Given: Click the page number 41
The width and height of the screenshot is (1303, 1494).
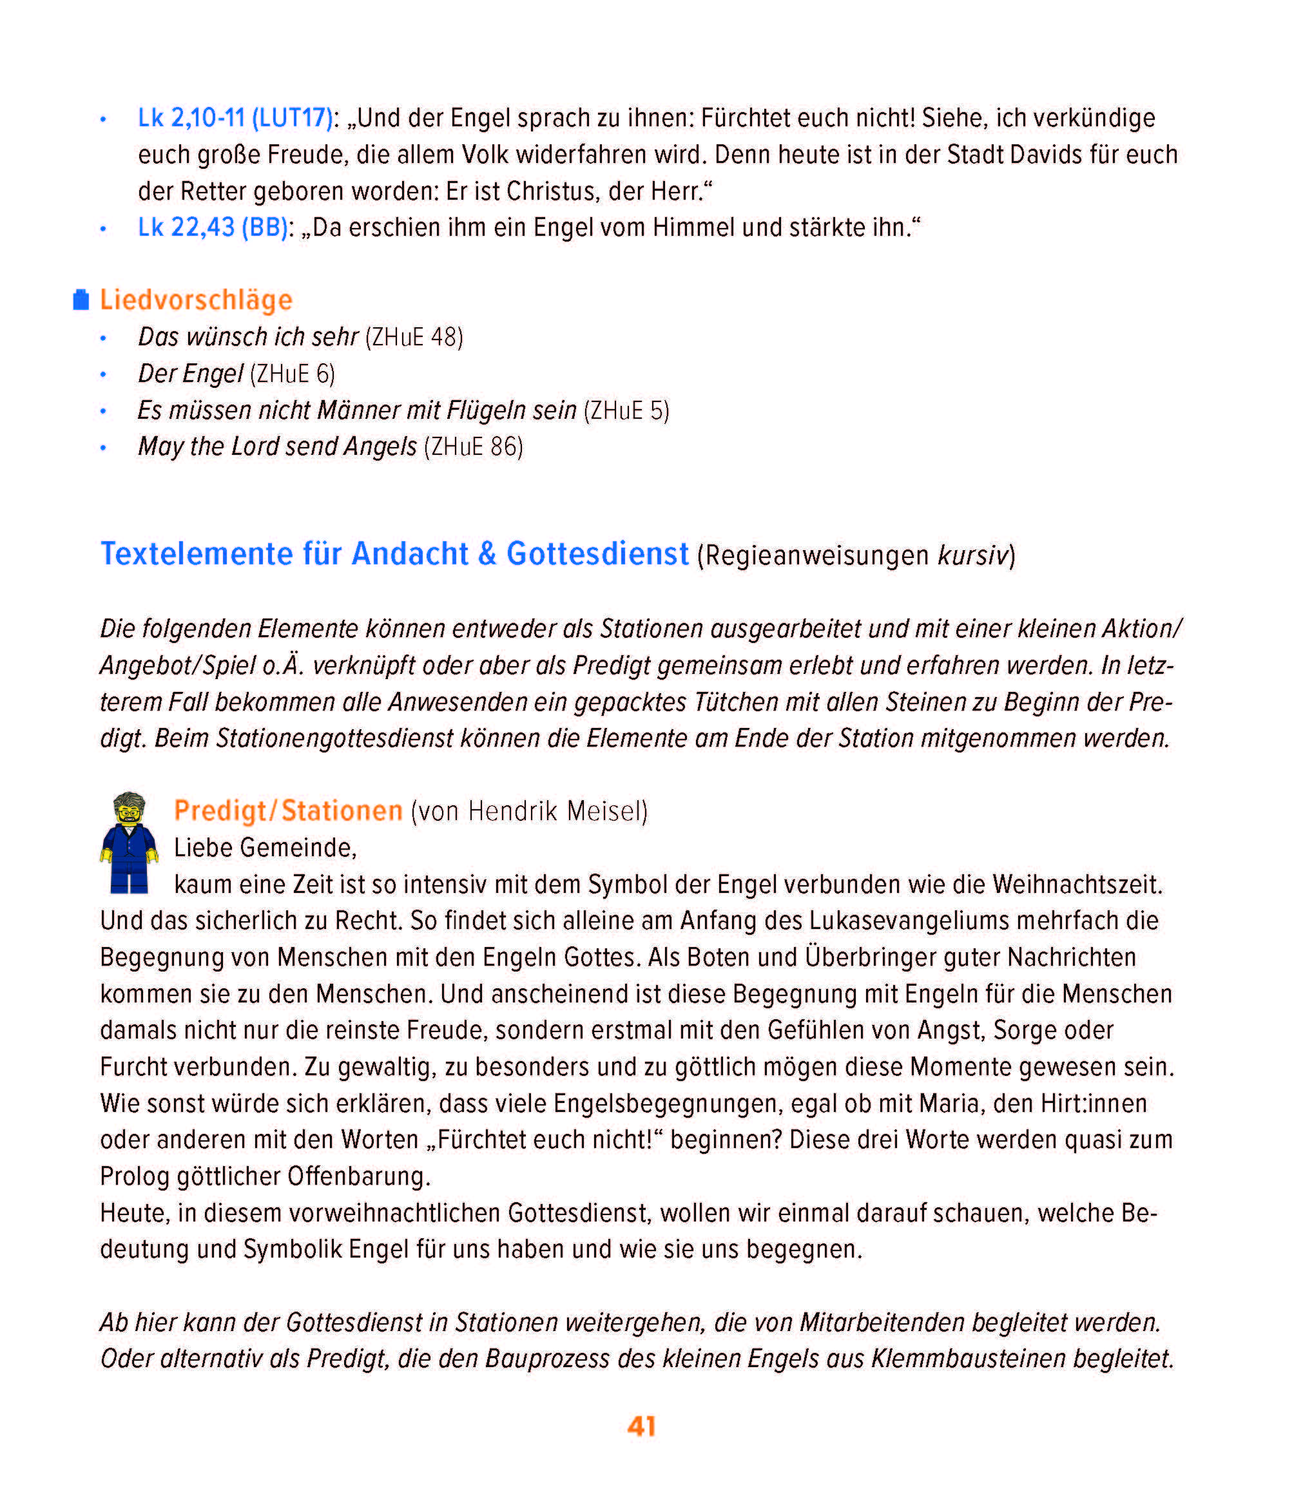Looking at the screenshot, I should click(641, 1426).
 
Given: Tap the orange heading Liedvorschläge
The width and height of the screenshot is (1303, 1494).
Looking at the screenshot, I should click(196, 300).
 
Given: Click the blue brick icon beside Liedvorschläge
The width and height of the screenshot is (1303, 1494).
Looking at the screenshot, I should click(81, 300).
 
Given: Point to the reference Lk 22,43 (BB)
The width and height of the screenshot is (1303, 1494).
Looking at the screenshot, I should click(212, 227).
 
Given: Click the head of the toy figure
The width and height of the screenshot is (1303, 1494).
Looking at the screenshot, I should click(130, 810).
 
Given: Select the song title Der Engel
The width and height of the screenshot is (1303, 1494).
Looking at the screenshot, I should click(191, 374).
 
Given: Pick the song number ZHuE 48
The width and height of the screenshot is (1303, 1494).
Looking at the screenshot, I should click(414, 338).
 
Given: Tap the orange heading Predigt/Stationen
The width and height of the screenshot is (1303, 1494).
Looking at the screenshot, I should click(288, 810).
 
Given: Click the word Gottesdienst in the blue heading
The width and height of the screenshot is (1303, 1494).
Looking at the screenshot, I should click(597, 554).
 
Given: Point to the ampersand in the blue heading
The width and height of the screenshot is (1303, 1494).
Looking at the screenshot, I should click(487, 554).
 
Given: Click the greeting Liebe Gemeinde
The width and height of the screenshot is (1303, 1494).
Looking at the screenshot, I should click(265, 848).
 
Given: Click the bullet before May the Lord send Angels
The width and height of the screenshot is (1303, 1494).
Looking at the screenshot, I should click(103, 448).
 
